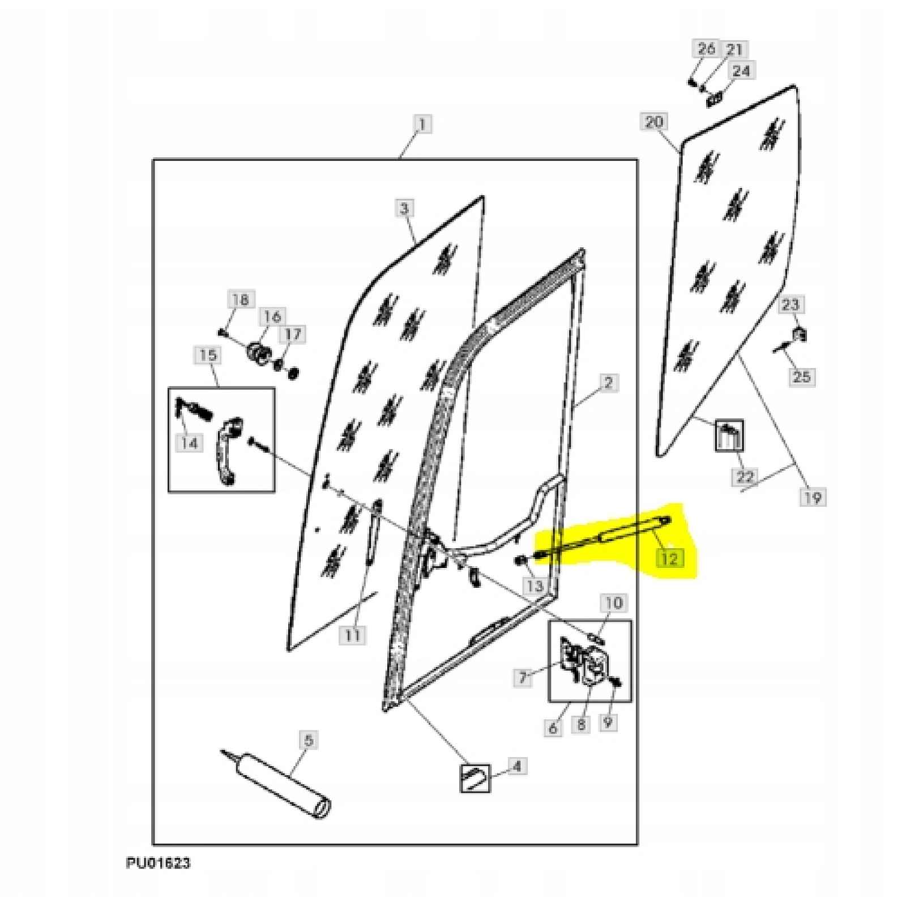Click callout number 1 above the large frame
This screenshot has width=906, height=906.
[422, 123]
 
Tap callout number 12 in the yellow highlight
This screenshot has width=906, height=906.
[669, 558]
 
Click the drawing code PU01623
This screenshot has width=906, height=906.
[158, 863]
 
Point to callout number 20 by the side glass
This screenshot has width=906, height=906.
[654, 122]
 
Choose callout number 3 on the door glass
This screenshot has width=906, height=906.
[404, 208]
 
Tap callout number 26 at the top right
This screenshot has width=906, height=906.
[706, 49]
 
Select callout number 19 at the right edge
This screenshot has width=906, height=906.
[813, 498]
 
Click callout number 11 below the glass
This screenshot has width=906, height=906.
[352, 635]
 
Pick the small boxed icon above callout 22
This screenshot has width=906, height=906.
[729, 435]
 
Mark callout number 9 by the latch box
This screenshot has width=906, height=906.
[608, 722]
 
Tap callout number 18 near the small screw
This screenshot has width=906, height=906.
[241, 299]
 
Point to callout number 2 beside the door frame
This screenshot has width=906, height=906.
[608, 383]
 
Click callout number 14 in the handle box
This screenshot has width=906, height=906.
[189, 442]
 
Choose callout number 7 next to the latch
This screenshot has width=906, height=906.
[523, 676]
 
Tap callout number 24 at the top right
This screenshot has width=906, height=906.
[741, 71]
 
